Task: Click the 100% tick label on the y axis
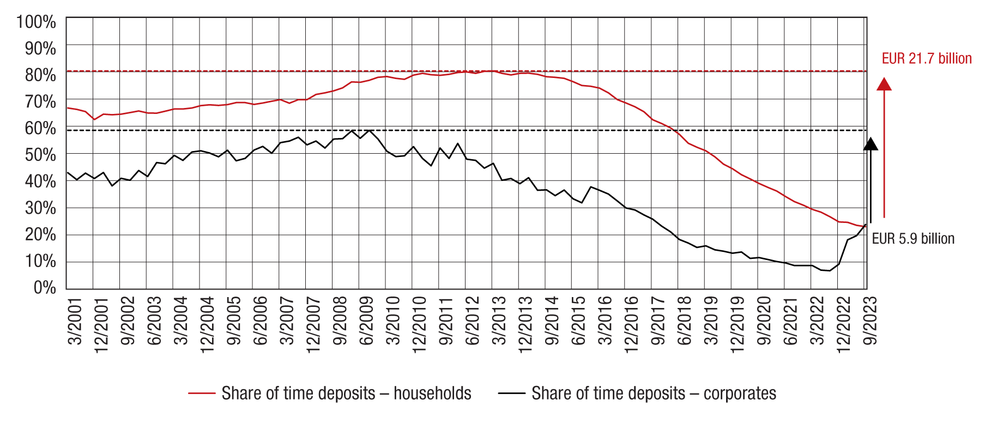pos(36,22)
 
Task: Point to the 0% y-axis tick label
pos(44,287)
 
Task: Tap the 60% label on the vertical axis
pos(40,128)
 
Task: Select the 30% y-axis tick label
pos(40,208)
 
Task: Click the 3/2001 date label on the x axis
pos(75,321)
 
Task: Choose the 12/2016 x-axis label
pos(631,325)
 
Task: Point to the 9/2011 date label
pos(446,321)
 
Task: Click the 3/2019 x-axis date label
pos(711,321)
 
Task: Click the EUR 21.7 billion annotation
pos(927,58)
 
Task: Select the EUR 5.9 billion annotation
pos(913,239)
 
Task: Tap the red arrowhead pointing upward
pos(884,84)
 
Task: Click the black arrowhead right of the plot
pos(871,144)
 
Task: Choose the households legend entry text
pos(346,393)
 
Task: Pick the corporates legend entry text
pos(654,393)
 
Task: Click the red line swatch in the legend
pos(202,393)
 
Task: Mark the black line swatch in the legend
pos(511,393)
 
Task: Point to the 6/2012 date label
pos(472,321)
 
